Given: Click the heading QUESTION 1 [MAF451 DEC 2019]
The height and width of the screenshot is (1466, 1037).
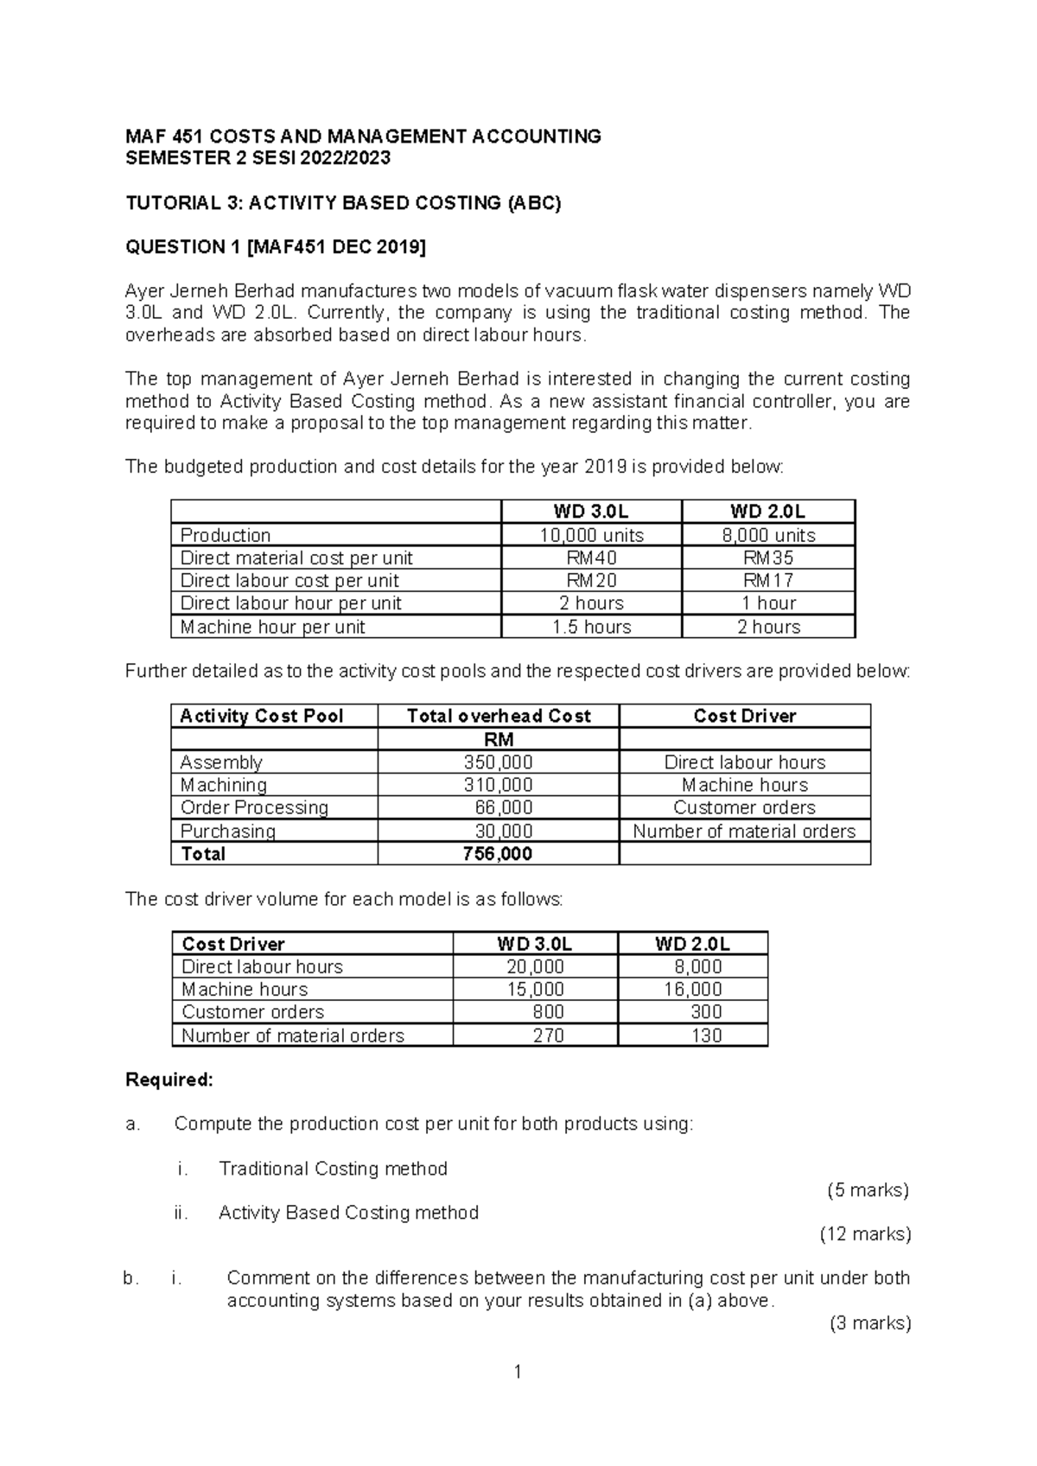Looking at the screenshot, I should pos(276,247).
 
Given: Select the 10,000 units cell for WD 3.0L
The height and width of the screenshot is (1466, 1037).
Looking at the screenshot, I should pos(591,535).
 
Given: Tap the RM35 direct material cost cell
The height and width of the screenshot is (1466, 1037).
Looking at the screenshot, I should pos(768,558).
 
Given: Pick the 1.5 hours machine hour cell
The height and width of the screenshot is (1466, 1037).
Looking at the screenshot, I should pos(591,627).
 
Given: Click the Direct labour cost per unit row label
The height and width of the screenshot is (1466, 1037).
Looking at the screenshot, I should pos(289,581).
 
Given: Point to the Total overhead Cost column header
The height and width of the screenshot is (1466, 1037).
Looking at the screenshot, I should pos(499,716).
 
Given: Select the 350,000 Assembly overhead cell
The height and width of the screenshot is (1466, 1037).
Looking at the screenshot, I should pos(499,762).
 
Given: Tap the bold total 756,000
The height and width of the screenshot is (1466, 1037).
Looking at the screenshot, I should pos(499,854).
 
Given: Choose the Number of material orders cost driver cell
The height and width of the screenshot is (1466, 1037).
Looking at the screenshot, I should pos(744,831).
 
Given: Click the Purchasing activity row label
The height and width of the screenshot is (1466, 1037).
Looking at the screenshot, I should pos(228,831).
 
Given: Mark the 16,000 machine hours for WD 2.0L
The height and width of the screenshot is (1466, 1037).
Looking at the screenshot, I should pos(692,989).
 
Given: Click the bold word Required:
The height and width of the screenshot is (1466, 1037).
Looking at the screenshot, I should pos(169,1080).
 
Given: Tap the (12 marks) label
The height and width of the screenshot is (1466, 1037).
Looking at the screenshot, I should pos(865,1234).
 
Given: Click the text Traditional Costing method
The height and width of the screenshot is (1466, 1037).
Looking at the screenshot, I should pos(333,1169).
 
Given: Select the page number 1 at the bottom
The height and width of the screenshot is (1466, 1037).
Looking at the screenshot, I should pos(517,1372).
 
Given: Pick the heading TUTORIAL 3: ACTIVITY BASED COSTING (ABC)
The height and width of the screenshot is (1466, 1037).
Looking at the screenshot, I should pos(343,203).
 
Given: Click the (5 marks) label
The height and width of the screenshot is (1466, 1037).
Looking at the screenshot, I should pos(868,1190).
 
